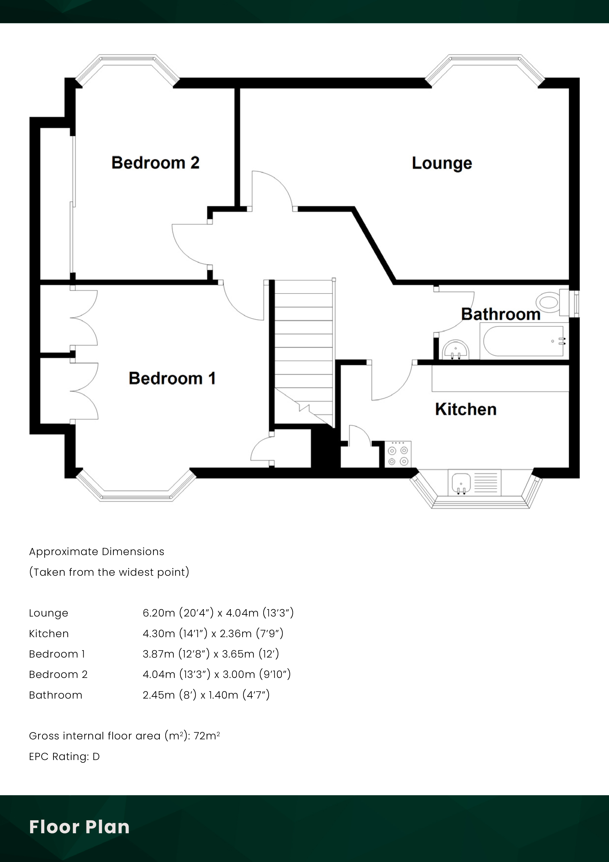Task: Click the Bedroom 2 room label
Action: tap(155, 163)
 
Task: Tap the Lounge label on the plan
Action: tap(442, 163)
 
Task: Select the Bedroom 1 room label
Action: tap(172, 378)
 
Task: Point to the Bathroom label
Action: tap(500, 314)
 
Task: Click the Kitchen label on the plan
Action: tap(466, 409)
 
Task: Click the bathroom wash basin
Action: tap(456, 350)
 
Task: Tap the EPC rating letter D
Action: tap(96, 757)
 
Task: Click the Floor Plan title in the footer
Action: tap(79, 827)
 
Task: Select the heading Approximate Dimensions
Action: tap(97, 551)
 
